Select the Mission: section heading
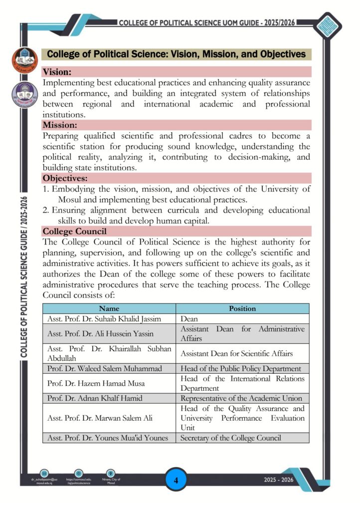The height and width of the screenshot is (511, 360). (x=60, y=125)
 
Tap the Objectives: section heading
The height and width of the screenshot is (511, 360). (x=65, y=178)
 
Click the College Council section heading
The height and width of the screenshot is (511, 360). (x=74, y=231)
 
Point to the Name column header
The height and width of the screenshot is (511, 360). (x=109, y=308)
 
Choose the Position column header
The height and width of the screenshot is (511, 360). (x=242, y=308)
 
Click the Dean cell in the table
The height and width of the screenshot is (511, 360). (x=189, y=318)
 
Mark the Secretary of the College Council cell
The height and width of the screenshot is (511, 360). (x=231, y=438)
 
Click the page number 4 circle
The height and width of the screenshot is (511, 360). (x=176, y=481)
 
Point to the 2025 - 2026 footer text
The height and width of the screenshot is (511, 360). (x=279, y=480)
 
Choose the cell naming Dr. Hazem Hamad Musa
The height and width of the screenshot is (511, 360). (x=95, y=383)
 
